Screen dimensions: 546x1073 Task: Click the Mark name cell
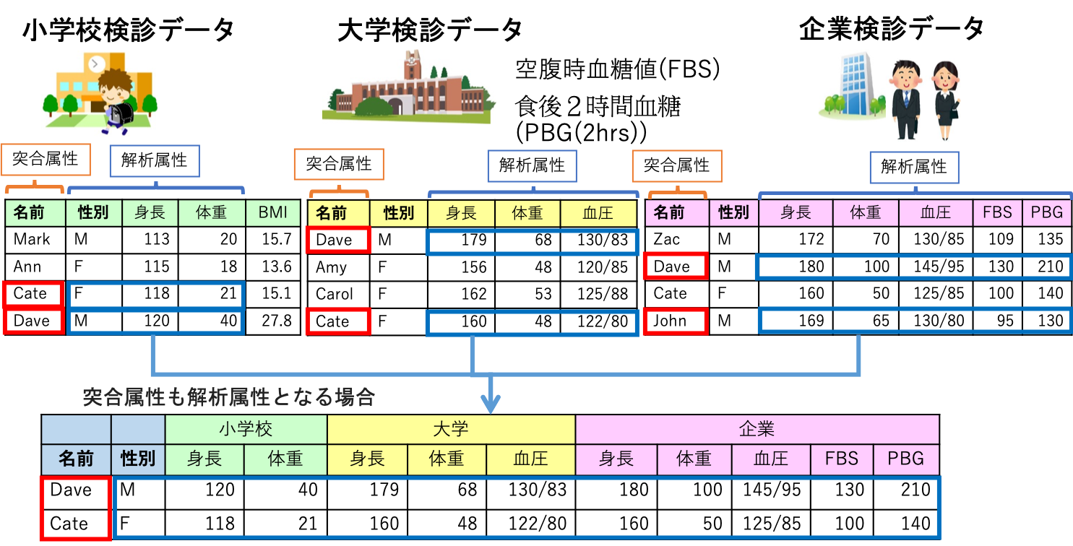coord(32,239)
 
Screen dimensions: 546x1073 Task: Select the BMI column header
coord(273,212)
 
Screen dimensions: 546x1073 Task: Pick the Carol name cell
coord(335,294)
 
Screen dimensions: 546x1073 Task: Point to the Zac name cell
coord(666,239)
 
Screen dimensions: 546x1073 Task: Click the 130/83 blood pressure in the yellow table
coord(600,240)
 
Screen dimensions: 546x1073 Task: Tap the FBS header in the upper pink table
coord(997,212)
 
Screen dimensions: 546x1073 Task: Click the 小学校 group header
coord(246,429)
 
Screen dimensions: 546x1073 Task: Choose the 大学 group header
coord(451,429)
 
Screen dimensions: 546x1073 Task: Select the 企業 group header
coord(757,429)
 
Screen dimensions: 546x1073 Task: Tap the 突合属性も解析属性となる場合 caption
coord(228,396)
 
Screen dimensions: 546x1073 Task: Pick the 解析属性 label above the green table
coord(154,160)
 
